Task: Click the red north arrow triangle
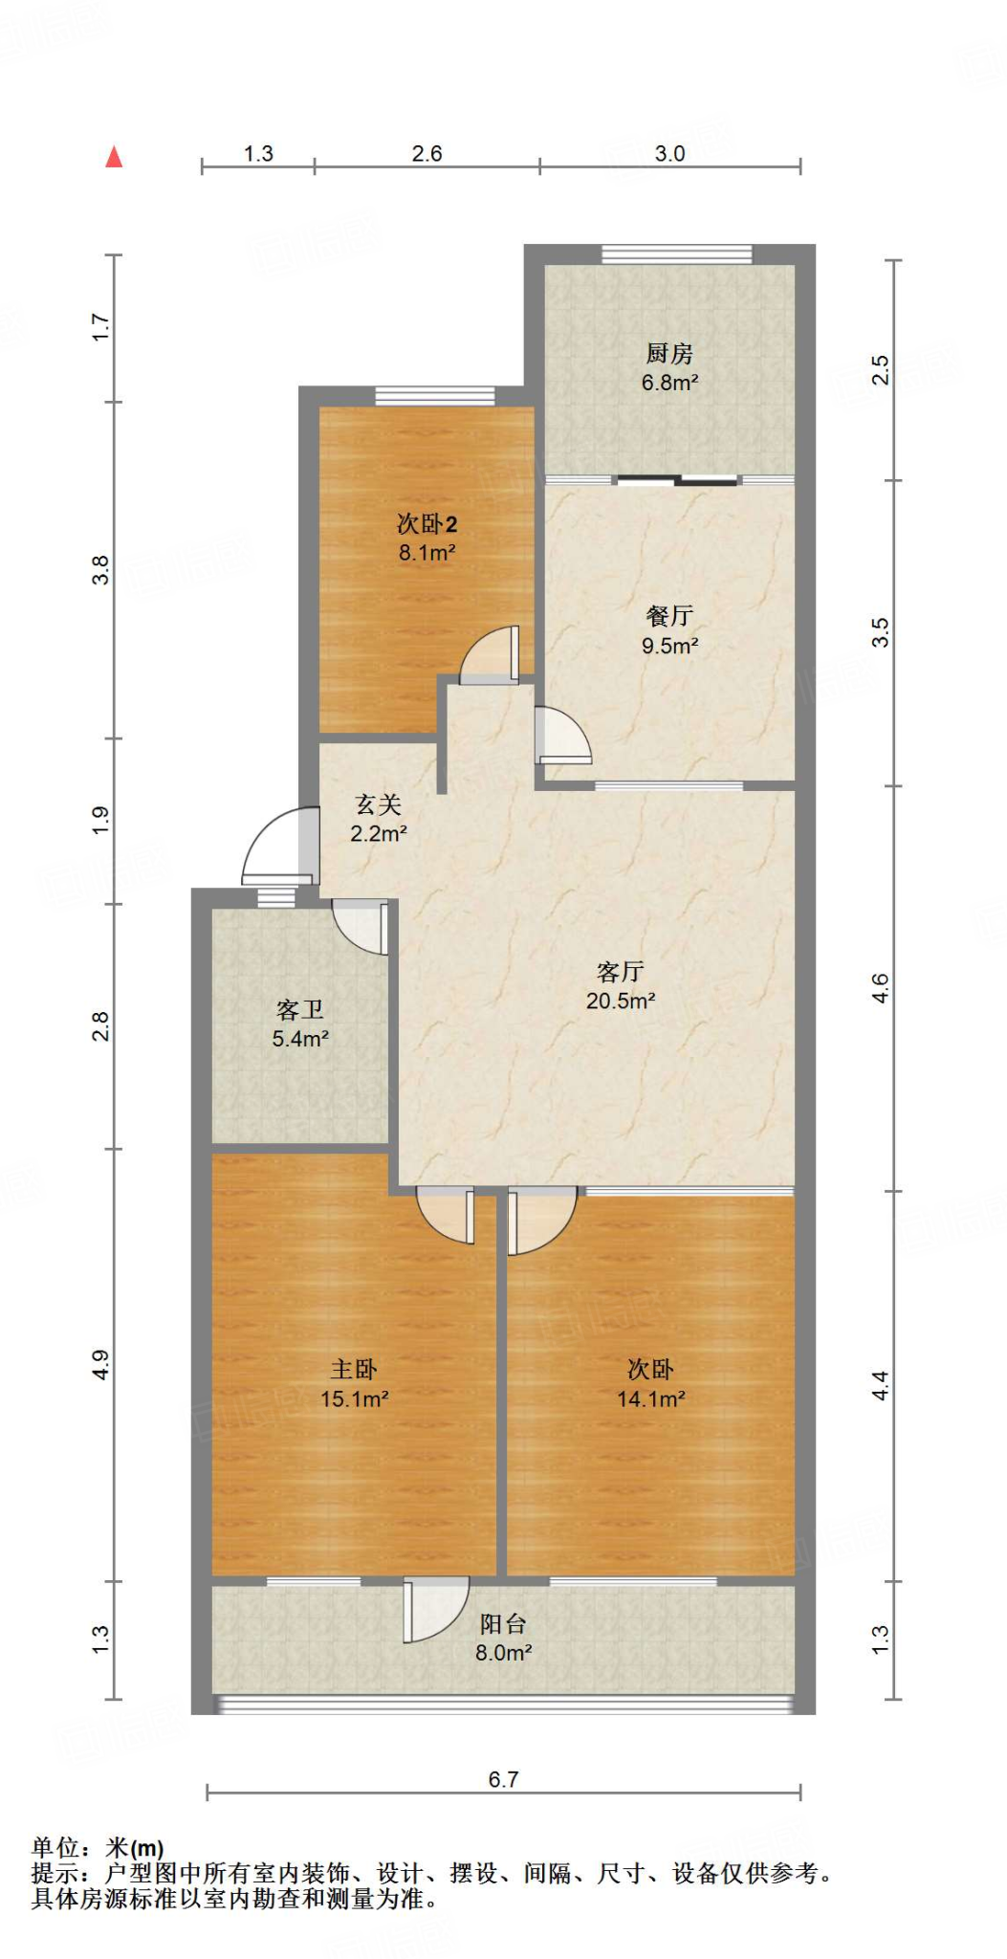(x=114, y=157)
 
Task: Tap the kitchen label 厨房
(x=669, y=354)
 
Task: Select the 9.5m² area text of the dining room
(x=669, y=646)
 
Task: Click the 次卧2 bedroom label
(x=427, y=524)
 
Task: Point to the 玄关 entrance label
(x=378, y=805)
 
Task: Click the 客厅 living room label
(x=620, y=973)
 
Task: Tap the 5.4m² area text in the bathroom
(x=300, y=1039)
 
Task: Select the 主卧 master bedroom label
(x=354, y=1370)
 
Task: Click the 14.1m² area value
(x=650, y=1399)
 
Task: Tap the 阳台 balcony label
(x=503, y=1623)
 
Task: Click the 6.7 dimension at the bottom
(x=503, y=1779)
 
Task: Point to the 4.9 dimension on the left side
(x=101, y=1365)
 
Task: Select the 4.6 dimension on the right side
(x=880, y=988)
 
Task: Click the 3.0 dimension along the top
(x=669, y=154)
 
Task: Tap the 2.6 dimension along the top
(x=427, y=154)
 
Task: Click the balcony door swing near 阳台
(x=434, y=1609)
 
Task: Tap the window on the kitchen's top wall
(x=677, y=254)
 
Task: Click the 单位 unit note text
(x=56, y=1849)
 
